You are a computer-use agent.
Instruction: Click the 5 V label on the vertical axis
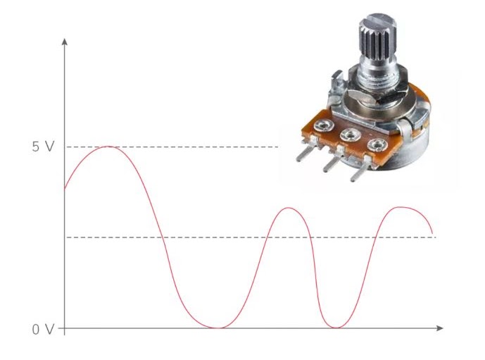43,147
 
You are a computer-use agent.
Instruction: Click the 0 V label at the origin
43,330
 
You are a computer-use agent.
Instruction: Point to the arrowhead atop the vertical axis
64,42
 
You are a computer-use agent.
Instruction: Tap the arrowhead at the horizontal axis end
440,328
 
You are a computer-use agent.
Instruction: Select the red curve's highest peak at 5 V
108,147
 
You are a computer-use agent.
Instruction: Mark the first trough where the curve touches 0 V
218,328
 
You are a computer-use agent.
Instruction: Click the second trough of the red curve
336,328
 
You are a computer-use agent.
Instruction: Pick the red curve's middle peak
289,208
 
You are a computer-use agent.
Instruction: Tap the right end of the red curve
432,233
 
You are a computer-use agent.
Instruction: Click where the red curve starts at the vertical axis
65,188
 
